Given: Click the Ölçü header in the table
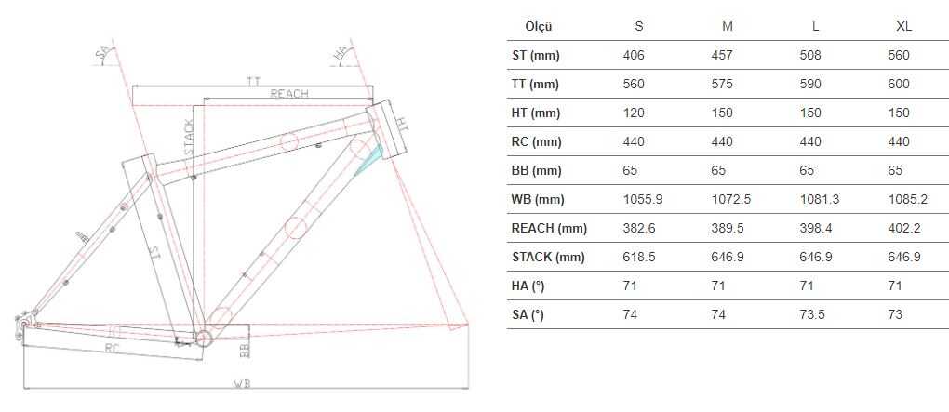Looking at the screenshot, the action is (539, 27).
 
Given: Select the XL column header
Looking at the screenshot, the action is (903, 27).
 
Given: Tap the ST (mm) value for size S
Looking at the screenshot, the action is (634, 55).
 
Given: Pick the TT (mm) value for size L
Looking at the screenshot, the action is (810, 84).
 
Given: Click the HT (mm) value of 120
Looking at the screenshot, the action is (634, 113).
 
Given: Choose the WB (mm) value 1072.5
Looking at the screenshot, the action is (731, 200).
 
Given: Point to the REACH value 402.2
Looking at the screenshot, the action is (904, 228).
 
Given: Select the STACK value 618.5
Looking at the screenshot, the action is (639, 257).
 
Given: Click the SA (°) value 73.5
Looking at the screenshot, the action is (812, 314).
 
